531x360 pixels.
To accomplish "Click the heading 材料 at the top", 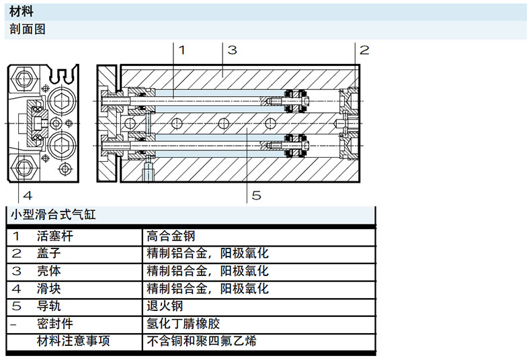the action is click(x=22, y=11).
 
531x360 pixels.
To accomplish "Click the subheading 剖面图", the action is click(x=28, y=29).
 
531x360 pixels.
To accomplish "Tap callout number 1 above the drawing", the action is click(x=182, y=50).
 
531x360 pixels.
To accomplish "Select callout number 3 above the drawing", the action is click(x=232, y=50).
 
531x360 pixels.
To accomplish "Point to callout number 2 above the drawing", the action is click(x=364, y=50).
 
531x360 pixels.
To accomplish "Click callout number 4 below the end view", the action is click(x=28, y=195).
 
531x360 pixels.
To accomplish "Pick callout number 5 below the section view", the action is click(x=256, y=195).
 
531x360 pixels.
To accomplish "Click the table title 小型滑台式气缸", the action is click(x=53, y=215).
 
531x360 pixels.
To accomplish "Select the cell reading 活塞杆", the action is click(x=55, y=236).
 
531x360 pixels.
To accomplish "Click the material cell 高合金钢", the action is click(x=171, y=236).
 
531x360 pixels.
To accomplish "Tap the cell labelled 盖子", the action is click(x=49, y=253).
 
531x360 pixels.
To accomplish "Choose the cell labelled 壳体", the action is click(x=49, y=271).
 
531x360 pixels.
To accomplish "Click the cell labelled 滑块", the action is click(x=49, y=289).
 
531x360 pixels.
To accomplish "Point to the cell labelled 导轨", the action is click(x=49, y=306).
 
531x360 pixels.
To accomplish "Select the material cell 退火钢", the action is click(x=165, y=306).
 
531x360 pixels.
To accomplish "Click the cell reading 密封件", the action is click(x=55, y=324).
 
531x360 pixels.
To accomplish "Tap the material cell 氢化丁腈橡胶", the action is click(x=183, y=324).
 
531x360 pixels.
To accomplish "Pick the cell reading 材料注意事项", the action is click(x=73, y=341).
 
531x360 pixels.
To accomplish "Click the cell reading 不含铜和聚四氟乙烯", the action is click(x=202, y=341).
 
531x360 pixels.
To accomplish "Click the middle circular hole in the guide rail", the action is click(x=224, y=123).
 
